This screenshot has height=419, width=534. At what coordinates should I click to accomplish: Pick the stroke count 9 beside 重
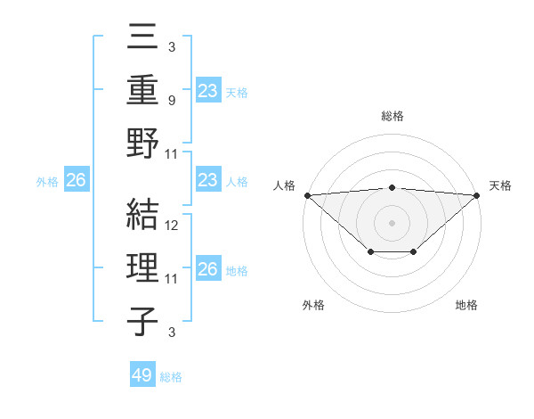tap(173, 101)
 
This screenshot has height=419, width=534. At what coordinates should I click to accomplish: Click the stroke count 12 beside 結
tap(173, 226)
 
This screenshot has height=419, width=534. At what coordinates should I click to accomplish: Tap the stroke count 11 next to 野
tap(173, 153)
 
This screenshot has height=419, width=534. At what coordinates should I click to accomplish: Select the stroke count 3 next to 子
tap(173, 333)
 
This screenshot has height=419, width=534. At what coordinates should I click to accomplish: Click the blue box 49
tap(142, 375)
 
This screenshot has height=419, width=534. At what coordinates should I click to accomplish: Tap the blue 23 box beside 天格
tap(207, 90)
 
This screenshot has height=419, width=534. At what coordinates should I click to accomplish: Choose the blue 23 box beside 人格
tap(207, 180)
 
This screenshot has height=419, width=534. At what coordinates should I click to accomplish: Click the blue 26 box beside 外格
tap(76, 180)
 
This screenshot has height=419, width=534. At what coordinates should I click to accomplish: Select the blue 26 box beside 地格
tap(207, 269)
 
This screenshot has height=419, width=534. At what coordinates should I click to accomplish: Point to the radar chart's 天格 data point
tap(477, 194)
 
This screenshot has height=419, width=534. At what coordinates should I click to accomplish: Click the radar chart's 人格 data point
tap(307, 194)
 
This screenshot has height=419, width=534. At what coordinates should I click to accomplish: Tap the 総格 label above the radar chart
tap(392, 116)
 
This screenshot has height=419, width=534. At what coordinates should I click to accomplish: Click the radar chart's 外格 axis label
tap(313, 305)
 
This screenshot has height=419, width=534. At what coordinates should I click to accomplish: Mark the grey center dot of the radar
tap(392, 222)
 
